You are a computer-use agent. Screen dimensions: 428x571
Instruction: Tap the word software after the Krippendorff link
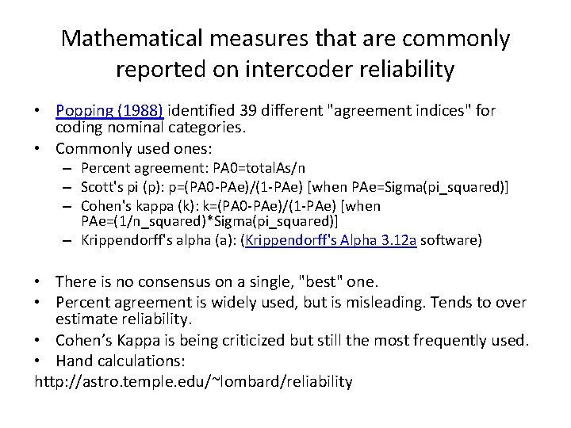(454, 240)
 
